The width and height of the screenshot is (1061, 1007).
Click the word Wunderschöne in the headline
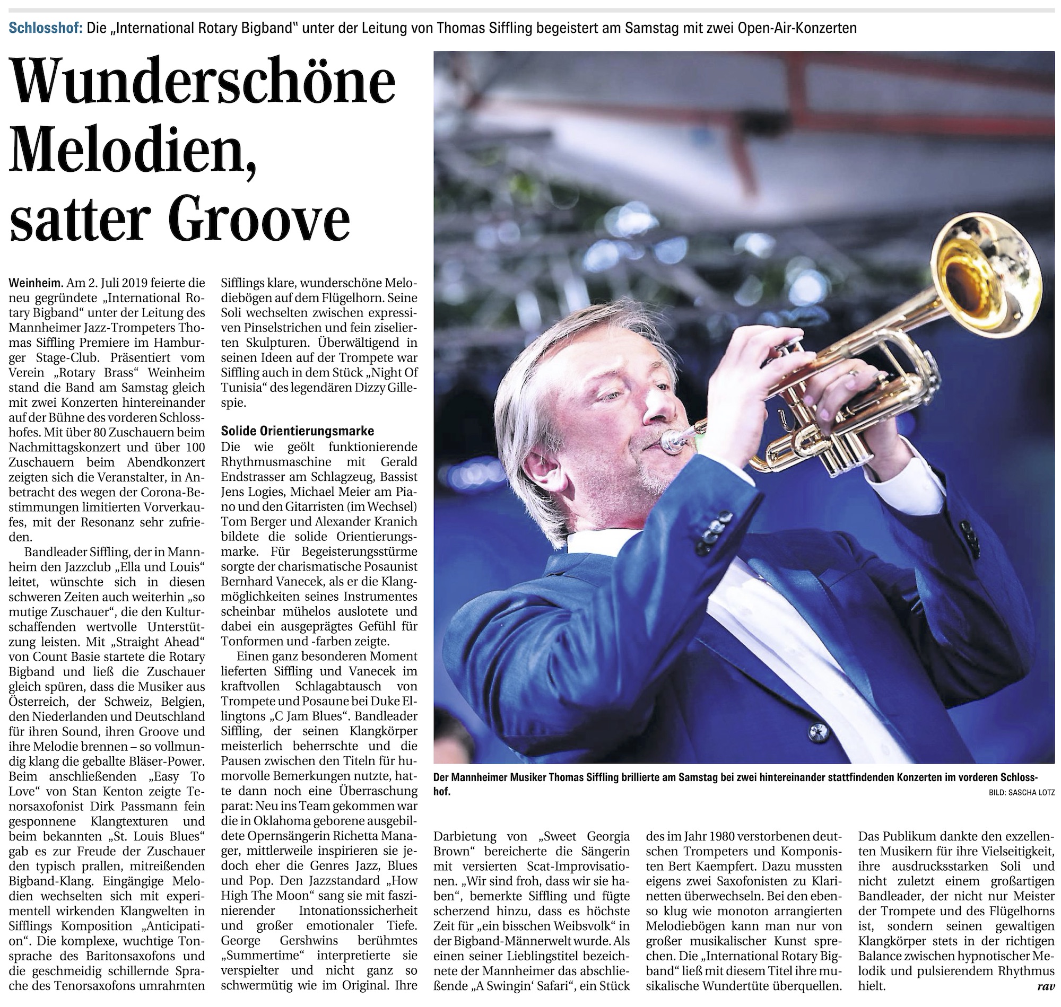click(x=203, y=85)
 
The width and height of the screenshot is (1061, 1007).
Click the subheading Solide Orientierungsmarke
click(x=298, y=431)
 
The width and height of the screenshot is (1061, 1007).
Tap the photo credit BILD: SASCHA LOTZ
click(x=1021, y=792)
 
